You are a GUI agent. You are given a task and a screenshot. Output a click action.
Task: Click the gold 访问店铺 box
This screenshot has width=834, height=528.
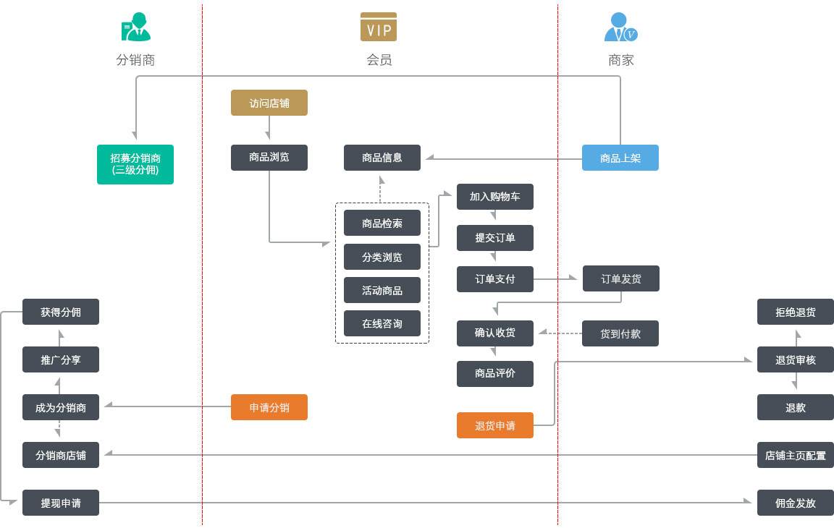269,103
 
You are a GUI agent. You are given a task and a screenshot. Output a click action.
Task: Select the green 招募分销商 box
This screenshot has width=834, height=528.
135,164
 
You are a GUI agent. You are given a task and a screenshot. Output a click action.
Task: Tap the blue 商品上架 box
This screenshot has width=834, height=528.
620,158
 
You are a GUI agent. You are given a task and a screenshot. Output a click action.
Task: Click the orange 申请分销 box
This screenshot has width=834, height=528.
269,407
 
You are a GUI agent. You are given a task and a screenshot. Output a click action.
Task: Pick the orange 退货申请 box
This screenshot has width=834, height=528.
494,425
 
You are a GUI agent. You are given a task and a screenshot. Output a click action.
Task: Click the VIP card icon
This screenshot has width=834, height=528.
379,27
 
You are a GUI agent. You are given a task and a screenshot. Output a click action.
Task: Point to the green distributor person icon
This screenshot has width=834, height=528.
135,27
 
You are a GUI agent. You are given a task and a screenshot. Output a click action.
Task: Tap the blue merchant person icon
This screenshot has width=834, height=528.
620,27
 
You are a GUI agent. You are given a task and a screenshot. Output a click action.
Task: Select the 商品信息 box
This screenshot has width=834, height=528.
382,158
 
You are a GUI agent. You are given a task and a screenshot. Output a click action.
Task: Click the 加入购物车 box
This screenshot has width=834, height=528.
494,197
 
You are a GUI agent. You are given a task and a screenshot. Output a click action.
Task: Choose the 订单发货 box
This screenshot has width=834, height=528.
620,278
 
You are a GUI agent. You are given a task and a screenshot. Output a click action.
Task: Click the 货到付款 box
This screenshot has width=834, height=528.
620,333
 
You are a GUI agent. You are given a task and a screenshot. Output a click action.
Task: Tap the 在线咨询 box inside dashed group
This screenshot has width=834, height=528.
382,323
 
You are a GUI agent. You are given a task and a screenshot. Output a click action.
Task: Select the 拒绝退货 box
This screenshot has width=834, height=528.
795,312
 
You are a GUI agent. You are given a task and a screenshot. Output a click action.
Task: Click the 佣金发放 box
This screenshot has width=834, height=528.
795,503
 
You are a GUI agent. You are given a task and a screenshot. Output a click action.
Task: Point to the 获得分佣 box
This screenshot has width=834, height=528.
60,312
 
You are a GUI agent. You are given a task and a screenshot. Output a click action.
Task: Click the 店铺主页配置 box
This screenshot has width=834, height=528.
795,456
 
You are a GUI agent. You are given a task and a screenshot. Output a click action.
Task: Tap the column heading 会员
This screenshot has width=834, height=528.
379,60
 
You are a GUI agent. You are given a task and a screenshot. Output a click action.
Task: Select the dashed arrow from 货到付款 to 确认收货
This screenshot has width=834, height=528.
559,333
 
